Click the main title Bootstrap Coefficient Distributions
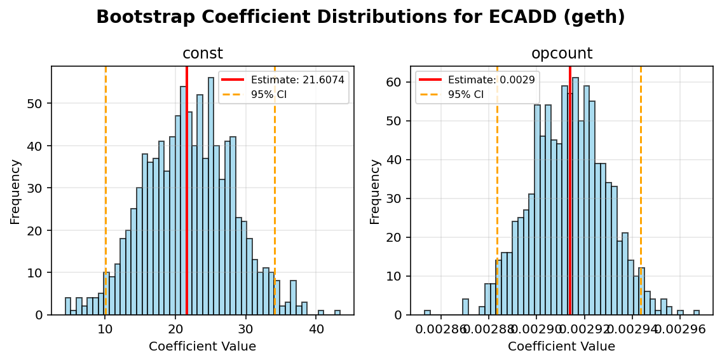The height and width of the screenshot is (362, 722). (360, 17)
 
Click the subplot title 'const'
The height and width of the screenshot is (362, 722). (202, 54)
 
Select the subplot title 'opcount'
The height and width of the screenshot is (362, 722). (561, 54)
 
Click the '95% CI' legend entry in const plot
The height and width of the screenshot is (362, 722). (269, 94)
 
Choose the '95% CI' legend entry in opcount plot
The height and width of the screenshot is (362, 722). (466, 94)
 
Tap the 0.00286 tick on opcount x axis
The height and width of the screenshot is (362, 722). (441, 329)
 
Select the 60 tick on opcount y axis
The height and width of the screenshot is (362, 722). (395, 82)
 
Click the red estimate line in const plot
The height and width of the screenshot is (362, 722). (187, 191)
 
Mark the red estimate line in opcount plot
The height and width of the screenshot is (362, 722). (570, 191)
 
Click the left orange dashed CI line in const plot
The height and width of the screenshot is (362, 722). (106, 191)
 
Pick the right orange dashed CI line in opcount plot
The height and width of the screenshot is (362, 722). (641, 191)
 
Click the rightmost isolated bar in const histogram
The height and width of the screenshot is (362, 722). (337, 312)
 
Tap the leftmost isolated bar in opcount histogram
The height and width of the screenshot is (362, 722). (427, 312)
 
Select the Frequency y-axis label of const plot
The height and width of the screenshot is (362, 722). (15, 191)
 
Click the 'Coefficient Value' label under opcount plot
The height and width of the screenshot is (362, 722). (561, 347)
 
